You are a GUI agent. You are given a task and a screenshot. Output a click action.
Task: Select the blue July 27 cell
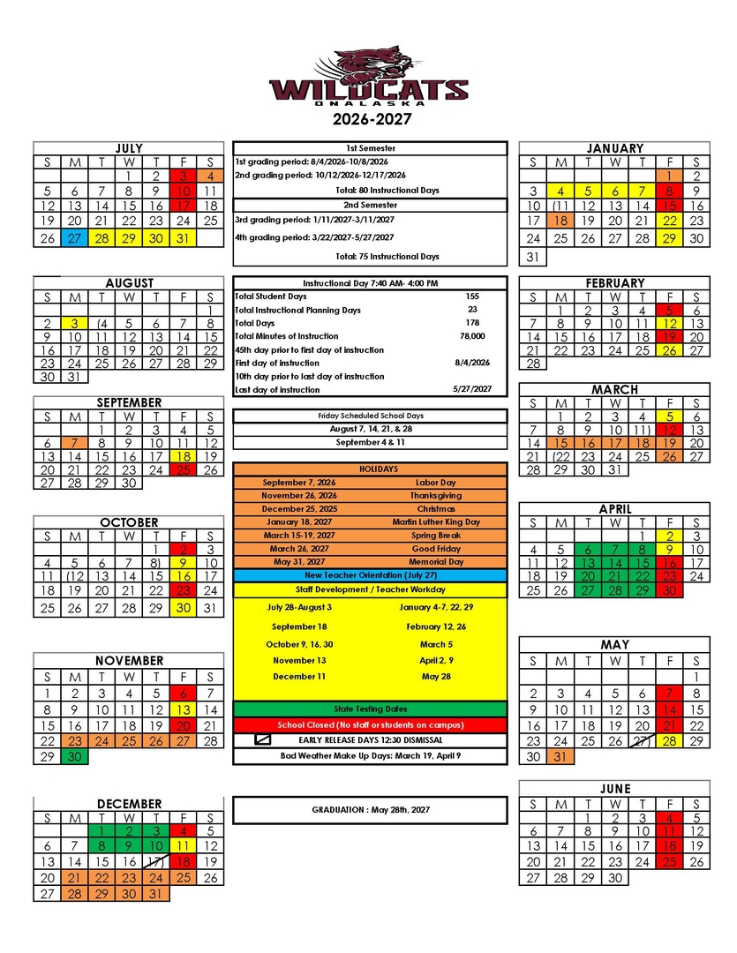click(75, 238)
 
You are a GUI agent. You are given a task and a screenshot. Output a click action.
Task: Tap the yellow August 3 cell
click(75, 324)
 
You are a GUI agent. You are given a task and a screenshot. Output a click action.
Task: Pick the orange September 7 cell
click(75, 443)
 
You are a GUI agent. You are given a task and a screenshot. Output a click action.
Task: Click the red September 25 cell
click(184, 469)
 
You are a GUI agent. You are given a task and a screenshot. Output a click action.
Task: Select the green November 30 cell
click(75, 757)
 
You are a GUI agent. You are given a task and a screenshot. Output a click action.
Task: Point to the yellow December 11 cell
click(184, 845)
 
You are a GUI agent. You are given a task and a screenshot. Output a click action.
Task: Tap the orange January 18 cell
click(560, 221)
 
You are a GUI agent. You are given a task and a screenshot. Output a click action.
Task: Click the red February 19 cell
click(670, 336)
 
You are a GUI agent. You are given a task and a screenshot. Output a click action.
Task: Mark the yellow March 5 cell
click(670, 417)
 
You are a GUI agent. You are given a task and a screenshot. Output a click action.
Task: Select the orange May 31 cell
click(560, 757)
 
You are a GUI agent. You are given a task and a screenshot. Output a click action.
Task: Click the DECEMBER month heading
click(129, 804)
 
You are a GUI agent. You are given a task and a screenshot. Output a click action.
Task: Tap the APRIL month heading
click(615, 509)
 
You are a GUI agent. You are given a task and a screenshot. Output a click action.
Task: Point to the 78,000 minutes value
click(472, 336)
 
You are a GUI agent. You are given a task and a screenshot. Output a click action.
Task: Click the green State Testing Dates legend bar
click(371, 709)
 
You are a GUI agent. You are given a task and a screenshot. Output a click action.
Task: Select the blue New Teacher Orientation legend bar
click(371, 575)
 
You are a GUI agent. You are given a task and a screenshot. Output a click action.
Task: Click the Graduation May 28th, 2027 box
click(371, 810)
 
